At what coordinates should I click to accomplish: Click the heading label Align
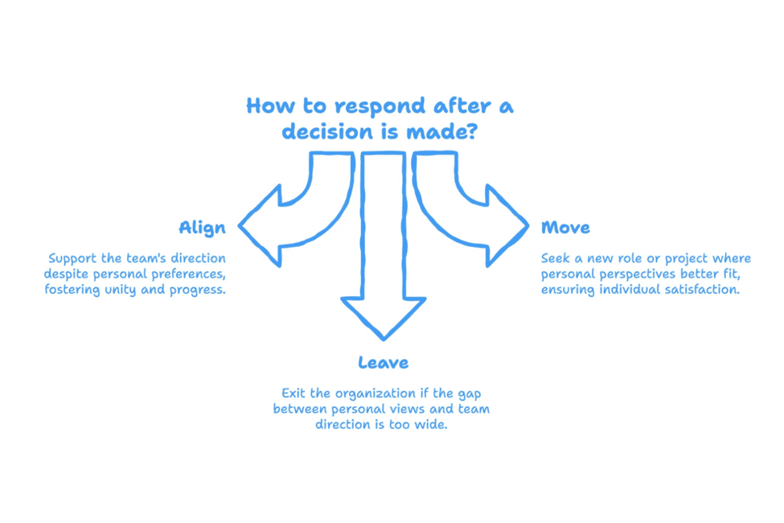pyautogui.click(x=202, y=228)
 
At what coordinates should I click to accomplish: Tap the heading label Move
pyautogui.click(x=565, y=228)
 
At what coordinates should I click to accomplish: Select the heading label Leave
pyautogui.click(x=383, y=363)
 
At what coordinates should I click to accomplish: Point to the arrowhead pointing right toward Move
pyautogui.click(x=507, y=225)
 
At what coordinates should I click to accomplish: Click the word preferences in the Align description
pyautogui.click(x=187, y=274)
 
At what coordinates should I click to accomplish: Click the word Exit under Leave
pyautogui.click(x=294, y=393)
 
